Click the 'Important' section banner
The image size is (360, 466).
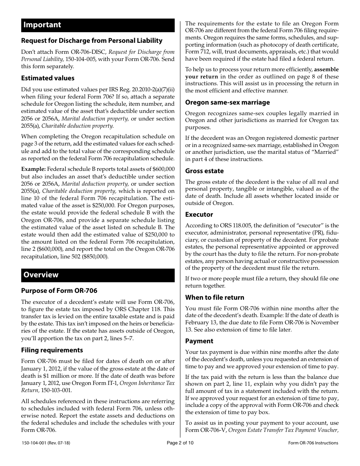(x=98, y=25)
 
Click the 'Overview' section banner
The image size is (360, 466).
(x=98, y=275)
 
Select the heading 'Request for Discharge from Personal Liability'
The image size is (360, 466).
(x=92, y=41)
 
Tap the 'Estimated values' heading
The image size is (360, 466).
(x=48, y=78)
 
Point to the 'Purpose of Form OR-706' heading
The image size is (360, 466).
(x=59, y=291)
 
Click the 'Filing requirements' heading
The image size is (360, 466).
(x=52, y=350)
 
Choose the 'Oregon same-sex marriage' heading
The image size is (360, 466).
(x=227, y=102)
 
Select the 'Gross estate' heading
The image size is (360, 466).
(x=204, y=171)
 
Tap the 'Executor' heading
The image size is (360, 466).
(x=199, y=214)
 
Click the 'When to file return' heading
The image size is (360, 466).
(x=214, y=297)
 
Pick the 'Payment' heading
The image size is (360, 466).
(x=199, y=341)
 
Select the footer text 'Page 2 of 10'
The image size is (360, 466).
(x=180, y=443)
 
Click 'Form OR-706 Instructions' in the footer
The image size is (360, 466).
(x=313, y=443)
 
